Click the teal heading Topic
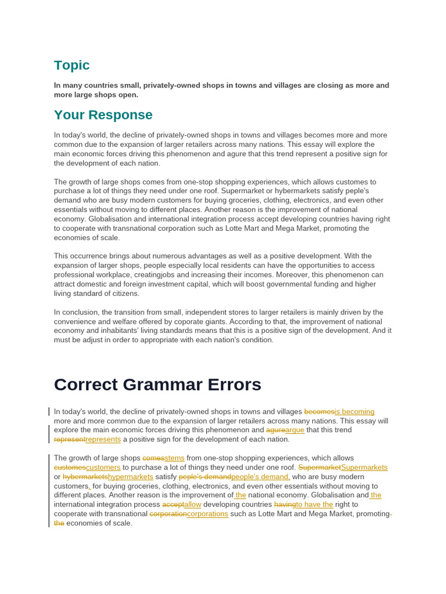click(x=71, y=65)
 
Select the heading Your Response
click(x=103, y=115)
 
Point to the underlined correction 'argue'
click(x=294, y=430)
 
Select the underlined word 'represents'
click(x=103, y=439)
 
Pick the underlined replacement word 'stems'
click(x=174, y=458)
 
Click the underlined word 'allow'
click(x=192, y=504)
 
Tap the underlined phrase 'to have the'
click(x=314, y=504)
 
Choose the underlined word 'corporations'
click(x=207, y=513)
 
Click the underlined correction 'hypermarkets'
click(x=131, y=476)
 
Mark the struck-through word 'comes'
click(x=153, y=458)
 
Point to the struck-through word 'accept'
click(x=173, y=504)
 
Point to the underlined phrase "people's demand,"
click(x=261, y=476)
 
